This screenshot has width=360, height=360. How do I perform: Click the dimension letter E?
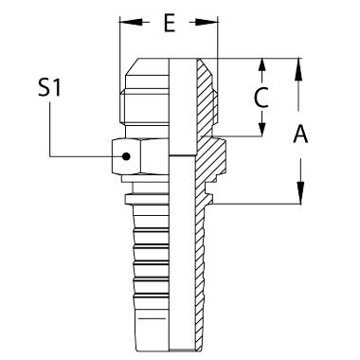pyautogui.click(x=170, y=23)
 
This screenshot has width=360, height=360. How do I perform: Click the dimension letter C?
pyautogui.click(x=261, y=98)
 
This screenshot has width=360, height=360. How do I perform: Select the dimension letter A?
pyautogui.click(x=300, y=134)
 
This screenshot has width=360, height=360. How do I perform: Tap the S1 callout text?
pyautogui.click(x=49, y=87)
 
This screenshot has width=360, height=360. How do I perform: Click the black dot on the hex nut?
pyautogui.click(x=126, y=156)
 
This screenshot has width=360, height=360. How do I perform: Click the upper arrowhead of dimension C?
pyautogui.click(x=261, y=68)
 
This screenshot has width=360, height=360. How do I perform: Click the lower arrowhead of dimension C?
pyautogui.click(x=261, y=126)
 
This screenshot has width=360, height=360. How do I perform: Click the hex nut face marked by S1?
pyautogui.click(x=126, y=156)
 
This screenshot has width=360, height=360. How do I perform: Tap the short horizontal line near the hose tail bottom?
pyautogui.click(x=152, y=318)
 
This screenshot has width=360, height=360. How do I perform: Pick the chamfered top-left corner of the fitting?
pyautogui.click(x=132, y=66)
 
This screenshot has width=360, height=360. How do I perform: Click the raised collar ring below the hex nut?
pyautogui.click(x=147, y=200)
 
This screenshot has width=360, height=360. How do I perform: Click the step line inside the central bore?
pyautogui.click(x=182, y=155)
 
